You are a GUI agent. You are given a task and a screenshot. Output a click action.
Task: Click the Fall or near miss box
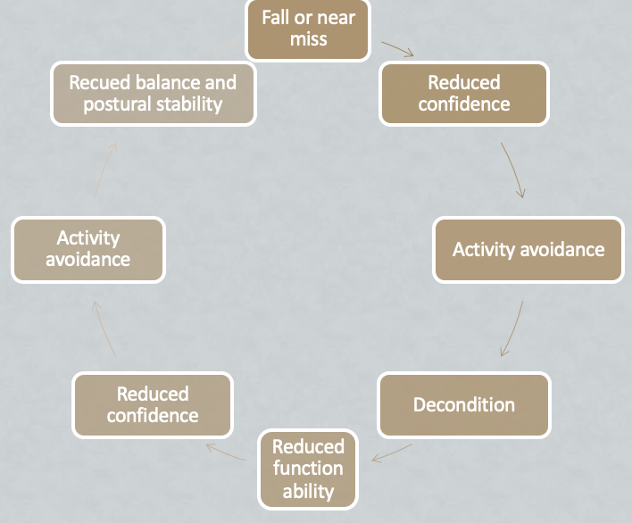[x=308, y=29]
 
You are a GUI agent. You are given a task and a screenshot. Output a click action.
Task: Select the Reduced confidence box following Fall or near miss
[x=463, y=93]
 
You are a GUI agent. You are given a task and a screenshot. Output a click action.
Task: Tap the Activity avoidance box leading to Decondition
[x=528, y=250]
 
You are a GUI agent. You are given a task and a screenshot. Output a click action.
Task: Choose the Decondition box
[x=463, y=404]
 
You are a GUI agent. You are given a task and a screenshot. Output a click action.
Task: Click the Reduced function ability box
[x=308, y=469]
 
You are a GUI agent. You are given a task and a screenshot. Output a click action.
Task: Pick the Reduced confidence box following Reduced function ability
[x=153, y=404]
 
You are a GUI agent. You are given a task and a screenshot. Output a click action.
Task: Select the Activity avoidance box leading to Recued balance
[x=88, y=249]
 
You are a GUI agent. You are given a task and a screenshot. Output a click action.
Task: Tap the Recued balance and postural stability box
[x=153, y=93]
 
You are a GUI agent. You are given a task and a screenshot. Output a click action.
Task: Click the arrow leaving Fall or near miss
[x=397, y=48]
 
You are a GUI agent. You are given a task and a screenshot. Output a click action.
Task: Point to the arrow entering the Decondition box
[x=511, y=330]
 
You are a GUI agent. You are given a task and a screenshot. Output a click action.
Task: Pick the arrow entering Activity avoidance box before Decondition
[x=512, y=170]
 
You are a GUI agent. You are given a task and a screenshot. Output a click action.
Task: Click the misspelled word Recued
[x=100, y=82]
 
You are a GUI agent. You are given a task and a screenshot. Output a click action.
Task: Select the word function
[x=308, y=469]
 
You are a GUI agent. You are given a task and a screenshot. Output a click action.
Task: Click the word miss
[x=308, y=40]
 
